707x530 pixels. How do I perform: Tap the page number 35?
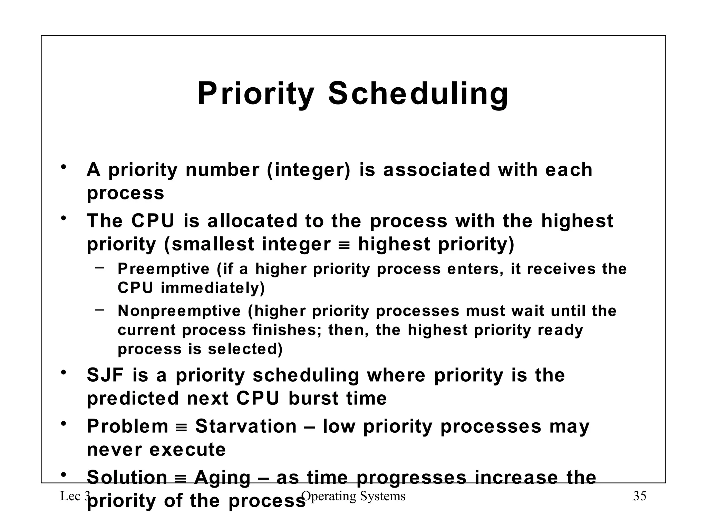[x=639, y=496]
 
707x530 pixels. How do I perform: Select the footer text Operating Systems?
[x=353, y=496]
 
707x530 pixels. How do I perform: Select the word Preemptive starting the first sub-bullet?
[x=163, y=269]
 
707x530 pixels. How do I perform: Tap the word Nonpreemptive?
[x=179, y=311]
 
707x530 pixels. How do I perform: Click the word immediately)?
[x=213, y=288]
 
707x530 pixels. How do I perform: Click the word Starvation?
[x=246, y=426]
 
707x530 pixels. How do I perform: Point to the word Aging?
[x=222, y=478]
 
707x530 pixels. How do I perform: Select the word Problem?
[x=127, y=426]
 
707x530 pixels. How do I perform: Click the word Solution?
[x=127, y=478]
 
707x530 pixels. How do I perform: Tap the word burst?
[x=313, y=399]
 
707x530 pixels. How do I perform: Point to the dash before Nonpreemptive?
[x=100, y=310]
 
